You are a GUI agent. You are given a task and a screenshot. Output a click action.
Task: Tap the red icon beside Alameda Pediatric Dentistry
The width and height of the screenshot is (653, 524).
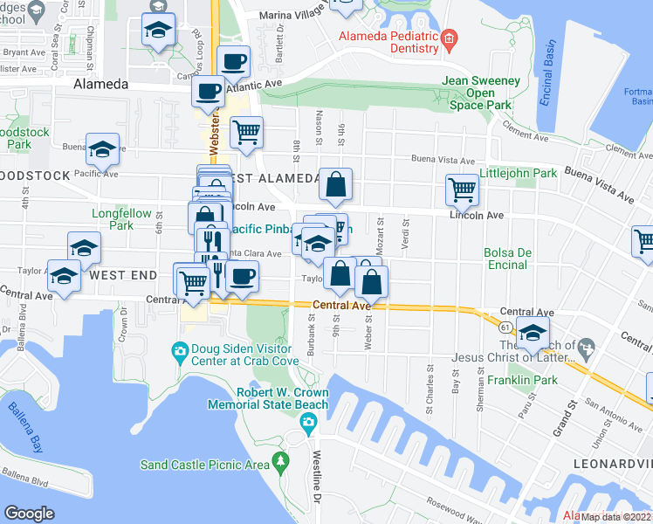pos(449,38)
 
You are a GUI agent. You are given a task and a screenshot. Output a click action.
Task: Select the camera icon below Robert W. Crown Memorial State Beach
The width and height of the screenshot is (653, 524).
pos(307,424)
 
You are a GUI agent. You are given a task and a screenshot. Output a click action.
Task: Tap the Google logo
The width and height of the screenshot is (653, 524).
pos(30,513)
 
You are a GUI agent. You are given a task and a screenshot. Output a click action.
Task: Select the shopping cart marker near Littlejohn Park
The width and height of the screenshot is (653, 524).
pos(461,189)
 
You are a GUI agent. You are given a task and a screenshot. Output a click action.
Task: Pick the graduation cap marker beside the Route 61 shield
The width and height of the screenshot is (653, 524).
pos(533,332)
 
